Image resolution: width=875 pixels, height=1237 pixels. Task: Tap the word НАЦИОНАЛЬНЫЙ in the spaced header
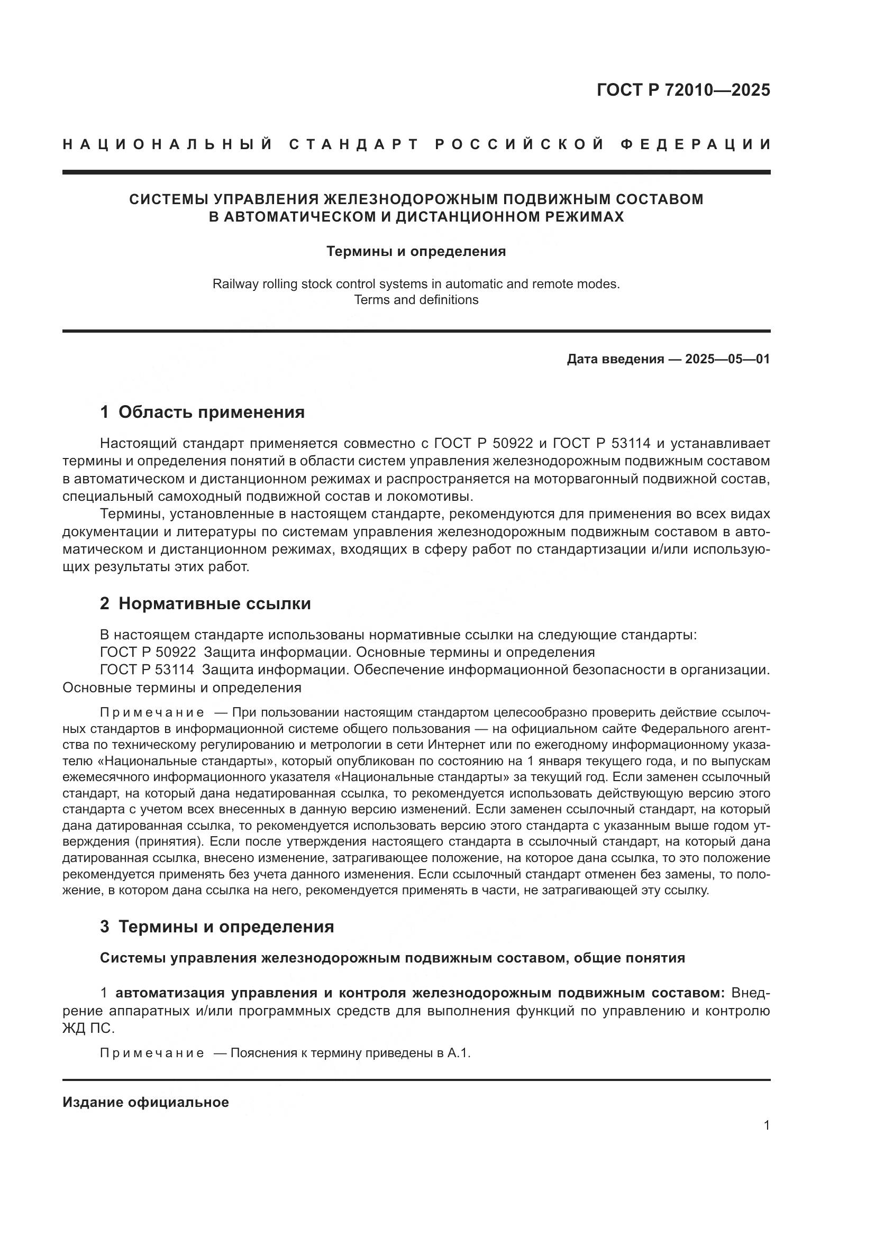pos(168,144)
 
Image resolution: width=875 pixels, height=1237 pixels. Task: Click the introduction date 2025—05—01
pos(727,359)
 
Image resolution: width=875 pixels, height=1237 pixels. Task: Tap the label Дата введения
pos(615,359)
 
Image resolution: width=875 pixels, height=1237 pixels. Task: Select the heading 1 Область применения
pos(202,412)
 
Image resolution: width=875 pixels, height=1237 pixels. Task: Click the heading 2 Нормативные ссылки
pos(205,603)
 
